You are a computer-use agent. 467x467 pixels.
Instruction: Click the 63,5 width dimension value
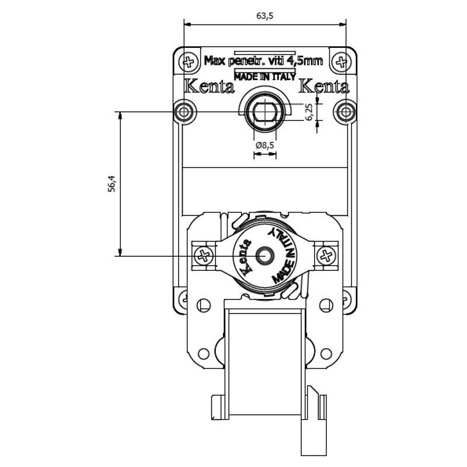[x=265, y=16]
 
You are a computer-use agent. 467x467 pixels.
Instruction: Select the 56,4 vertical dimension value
[x=113, y=183]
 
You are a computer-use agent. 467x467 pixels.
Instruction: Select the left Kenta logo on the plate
[x=209, y=87]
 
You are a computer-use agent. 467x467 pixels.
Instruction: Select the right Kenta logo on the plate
[x=323, y=87]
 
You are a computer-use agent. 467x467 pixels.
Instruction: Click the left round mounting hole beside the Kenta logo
[x=185, y=111]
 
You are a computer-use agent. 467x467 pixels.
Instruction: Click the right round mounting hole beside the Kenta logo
[x=346, y=111]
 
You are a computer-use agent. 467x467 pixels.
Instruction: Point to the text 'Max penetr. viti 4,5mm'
[x=263, y=60]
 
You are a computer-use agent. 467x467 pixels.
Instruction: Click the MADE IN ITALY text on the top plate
[x=264, y=75]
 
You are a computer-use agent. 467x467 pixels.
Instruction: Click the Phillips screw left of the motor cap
[x=203, y=255]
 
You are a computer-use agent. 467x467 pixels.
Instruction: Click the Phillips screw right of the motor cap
[x=326, y=255]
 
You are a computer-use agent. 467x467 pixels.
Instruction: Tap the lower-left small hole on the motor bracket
[x=203, y=354]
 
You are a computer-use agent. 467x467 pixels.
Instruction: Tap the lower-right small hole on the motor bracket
[x=326, y=354]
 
